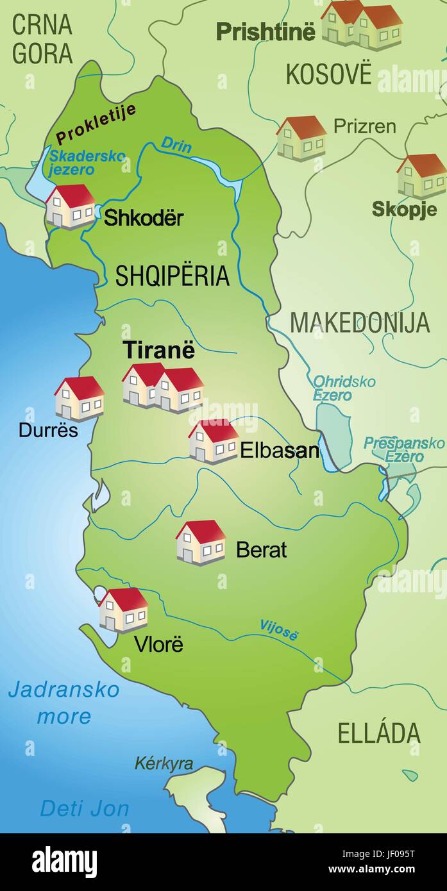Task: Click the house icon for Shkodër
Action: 70,206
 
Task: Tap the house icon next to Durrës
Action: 79,398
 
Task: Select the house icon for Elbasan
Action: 214,441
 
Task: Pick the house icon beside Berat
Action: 201,542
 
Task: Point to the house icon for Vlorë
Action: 123,610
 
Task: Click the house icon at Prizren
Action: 301,138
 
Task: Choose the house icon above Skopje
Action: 421,176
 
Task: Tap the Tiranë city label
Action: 159,351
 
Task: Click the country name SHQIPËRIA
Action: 172,276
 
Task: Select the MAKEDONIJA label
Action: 360,322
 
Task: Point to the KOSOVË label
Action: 328,74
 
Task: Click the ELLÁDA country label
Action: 379,733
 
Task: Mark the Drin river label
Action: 176,145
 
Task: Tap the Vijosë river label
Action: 279,630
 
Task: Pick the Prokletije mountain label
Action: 96,123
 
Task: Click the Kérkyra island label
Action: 164,763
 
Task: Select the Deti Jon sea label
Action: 85,808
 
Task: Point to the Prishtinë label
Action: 266,31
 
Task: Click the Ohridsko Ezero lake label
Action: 344,388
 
